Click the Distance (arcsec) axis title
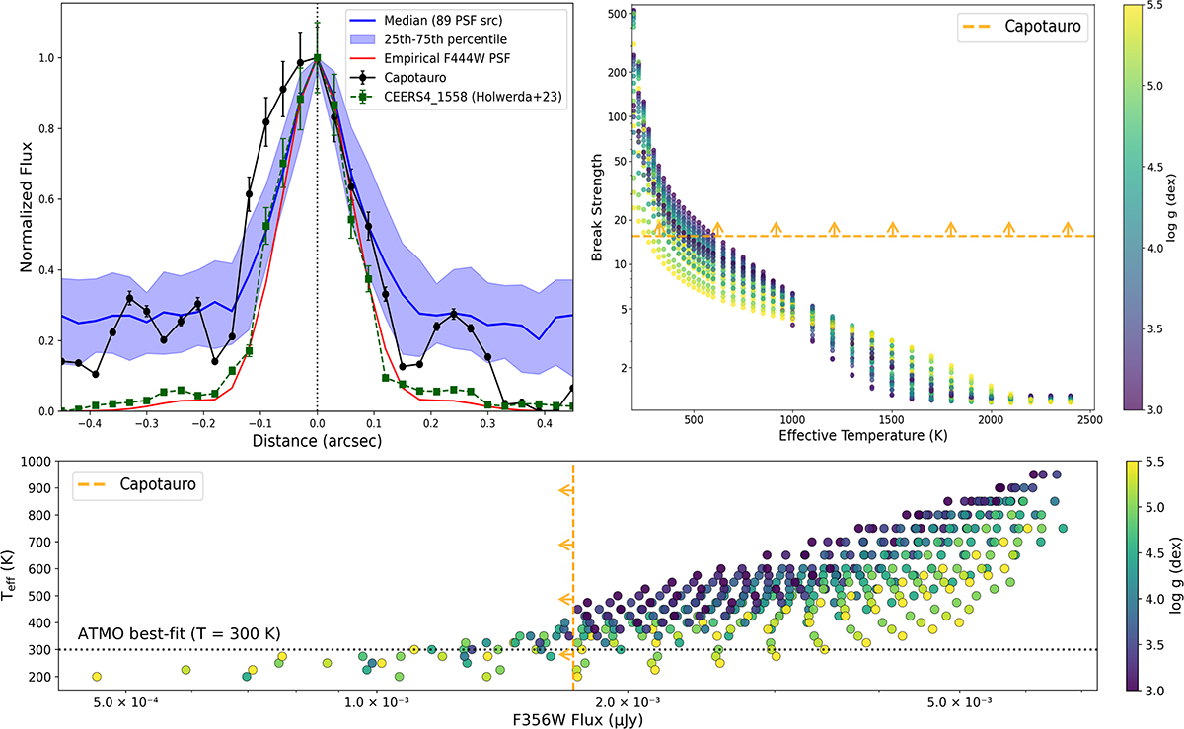317,441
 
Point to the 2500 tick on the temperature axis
1089,419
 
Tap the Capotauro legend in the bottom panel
138,485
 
